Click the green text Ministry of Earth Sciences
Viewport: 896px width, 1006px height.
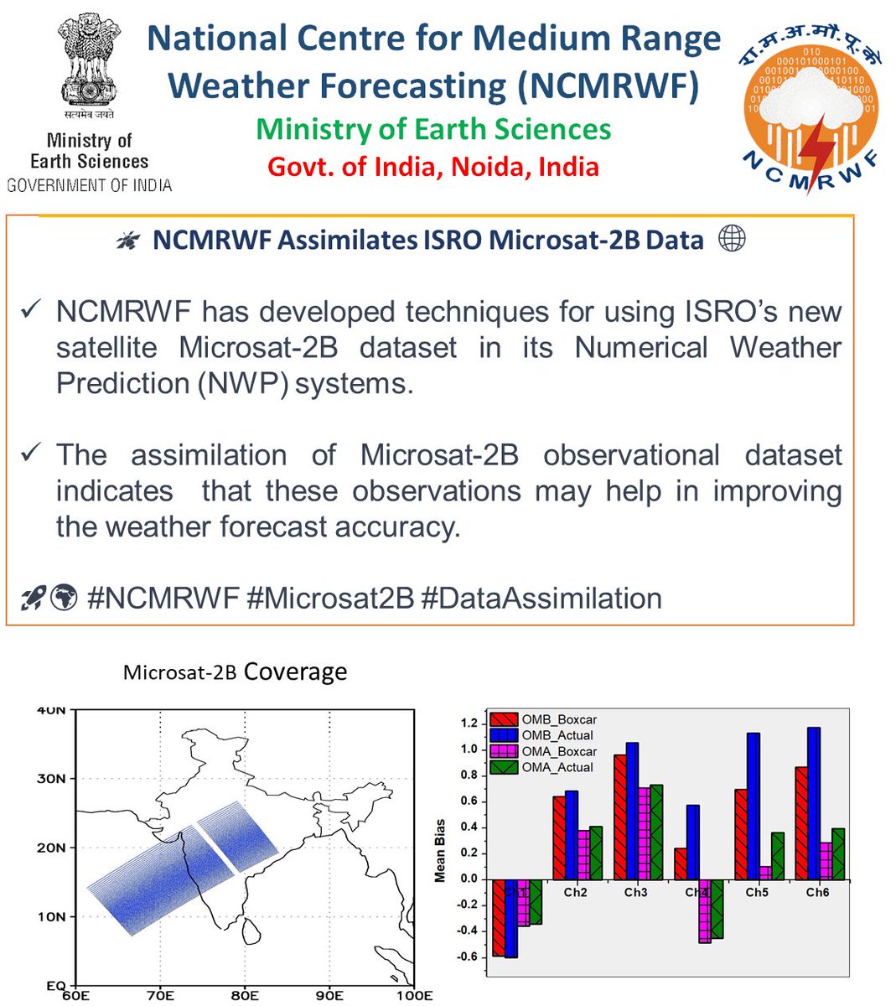click(x=433, y=129)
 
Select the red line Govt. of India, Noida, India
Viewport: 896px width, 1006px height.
click(x=433, y=166)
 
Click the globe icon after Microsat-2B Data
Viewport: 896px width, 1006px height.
click(x=732, y=240)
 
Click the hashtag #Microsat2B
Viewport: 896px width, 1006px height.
click(x=331, y=599)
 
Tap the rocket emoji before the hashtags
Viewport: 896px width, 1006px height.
click(x=34, y=599)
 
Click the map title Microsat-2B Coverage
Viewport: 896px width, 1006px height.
click(x=235, y=672)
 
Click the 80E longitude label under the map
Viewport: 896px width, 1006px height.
click(x=244, y=996)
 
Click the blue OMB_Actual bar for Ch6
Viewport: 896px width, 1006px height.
click(x=813, y=803)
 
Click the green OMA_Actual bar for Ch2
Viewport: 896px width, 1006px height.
click(x=596, y=853)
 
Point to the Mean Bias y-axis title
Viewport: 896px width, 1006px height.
click(x=440, y=850)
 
